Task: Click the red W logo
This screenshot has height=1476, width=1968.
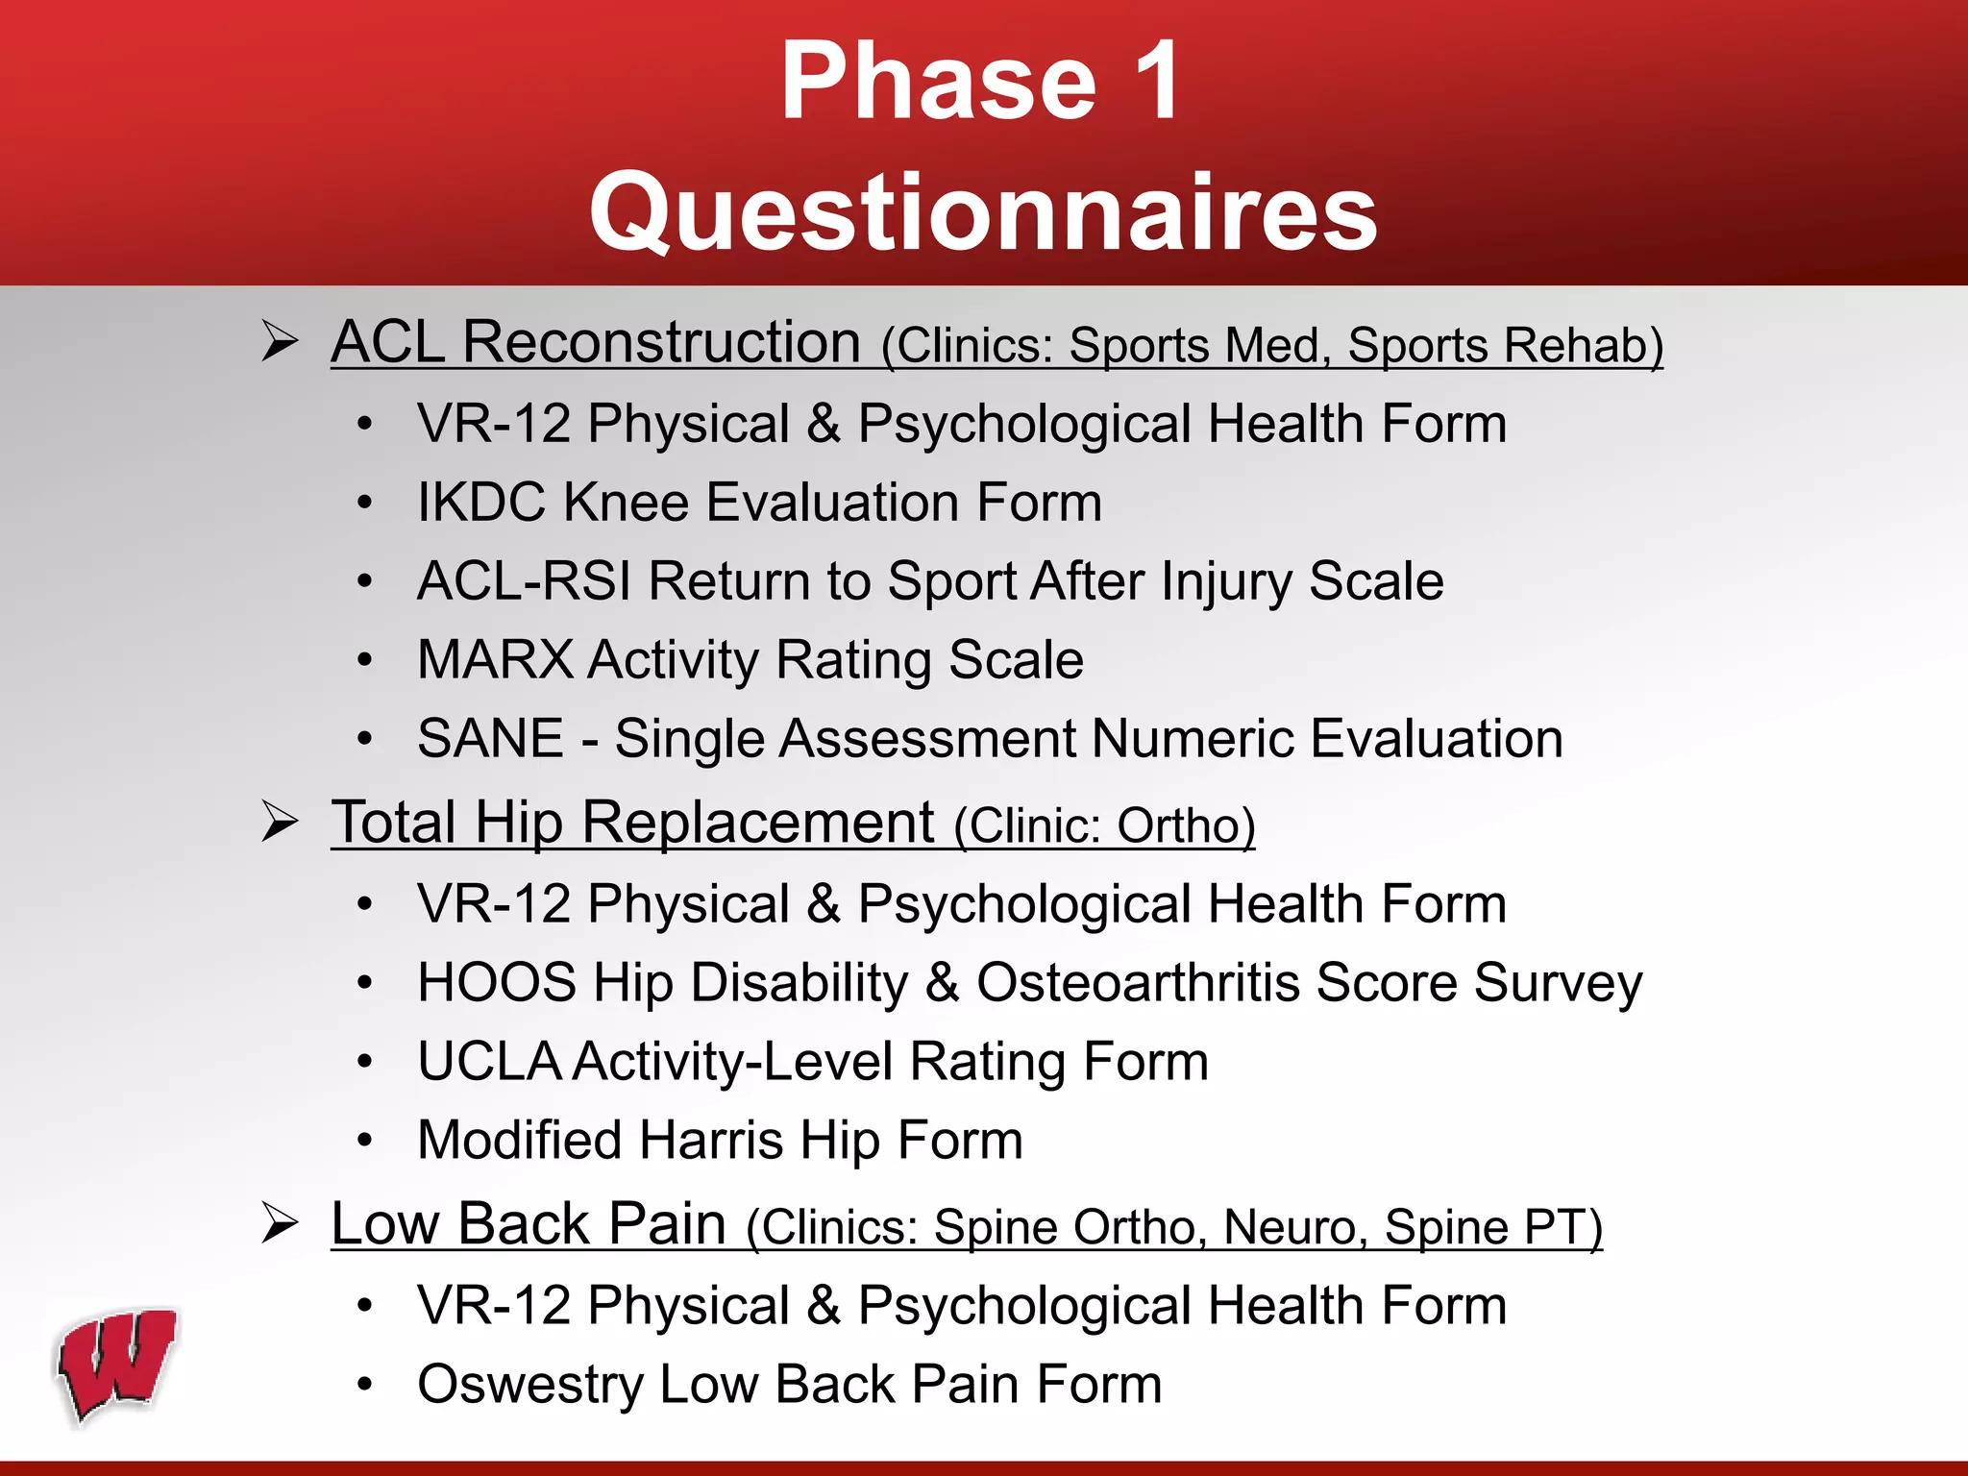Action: tap(117, 1365)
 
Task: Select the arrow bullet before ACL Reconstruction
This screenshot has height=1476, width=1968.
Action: tap(280, 342)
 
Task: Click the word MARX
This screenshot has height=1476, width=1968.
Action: tap(495, 660)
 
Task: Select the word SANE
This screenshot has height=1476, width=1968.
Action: tap(490, 739)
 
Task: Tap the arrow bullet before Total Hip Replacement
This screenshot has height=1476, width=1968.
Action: tap(280, 823)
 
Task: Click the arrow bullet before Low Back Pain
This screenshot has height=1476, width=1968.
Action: tap(280, 1224)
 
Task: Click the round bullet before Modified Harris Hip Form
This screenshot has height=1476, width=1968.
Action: tap(364, 1141)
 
